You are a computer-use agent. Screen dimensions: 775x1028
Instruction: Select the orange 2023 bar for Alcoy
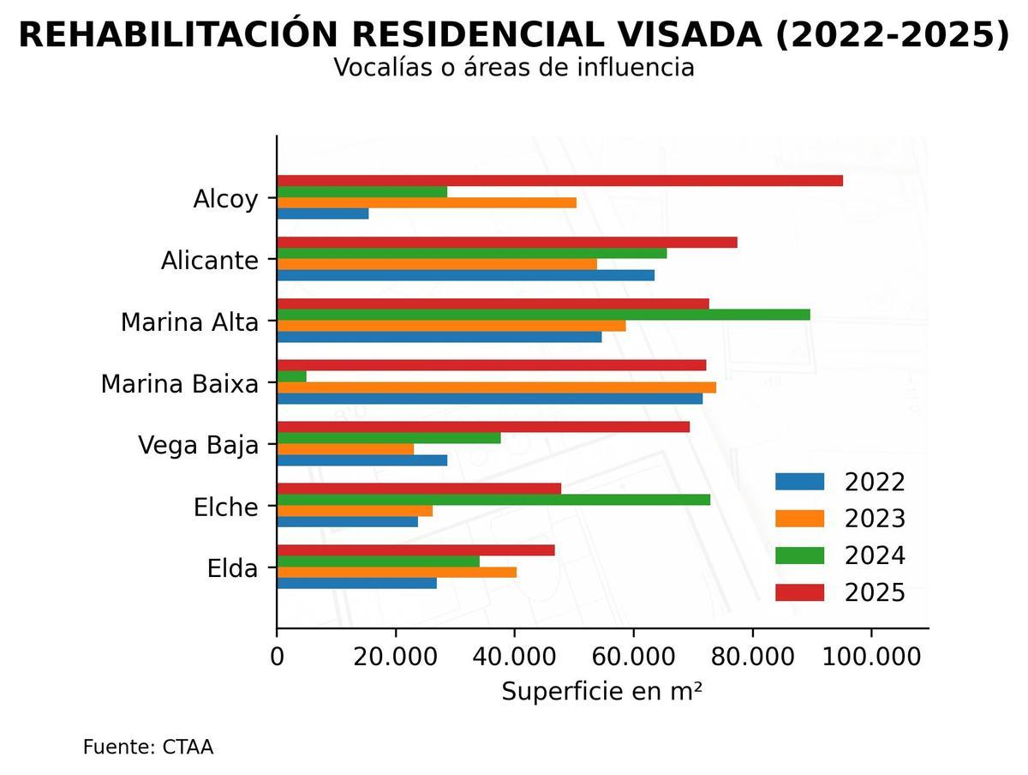(427, 202)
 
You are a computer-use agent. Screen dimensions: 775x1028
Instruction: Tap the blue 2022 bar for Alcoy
(323, 213)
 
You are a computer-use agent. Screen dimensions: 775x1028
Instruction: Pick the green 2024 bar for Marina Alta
(543, 315)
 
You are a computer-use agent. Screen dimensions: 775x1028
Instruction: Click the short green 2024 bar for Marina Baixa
(292, 376)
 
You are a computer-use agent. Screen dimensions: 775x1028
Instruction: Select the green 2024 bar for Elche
(493, 500)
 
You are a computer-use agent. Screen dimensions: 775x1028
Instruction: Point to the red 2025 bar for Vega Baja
(483, 427)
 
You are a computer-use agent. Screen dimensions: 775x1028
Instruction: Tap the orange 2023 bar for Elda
(397, 572)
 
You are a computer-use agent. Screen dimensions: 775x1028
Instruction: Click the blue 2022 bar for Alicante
(466, 275)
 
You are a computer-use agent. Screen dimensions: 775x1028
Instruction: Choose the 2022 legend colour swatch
(799, 482)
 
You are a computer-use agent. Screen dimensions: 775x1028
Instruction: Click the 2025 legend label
(875, 592)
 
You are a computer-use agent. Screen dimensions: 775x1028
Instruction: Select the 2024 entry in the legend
(875, 556)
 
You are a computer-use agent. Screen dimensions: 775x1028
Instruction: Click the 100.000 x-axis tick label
(871, 658)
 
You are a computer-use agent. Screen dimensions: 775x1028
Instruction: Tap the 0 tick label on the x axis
(277, 658)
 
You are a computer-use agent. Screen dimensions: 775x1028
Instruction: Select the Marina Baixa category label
(179, 383)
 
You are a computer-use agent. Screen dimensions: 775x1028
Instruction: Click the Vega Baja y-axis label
(198, 445)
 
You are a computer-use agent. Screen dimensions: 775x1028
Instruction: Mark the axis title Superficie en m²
(601, 692)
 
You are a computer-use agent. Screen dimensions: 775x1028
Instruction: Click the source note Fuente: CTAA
(148, 747)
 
